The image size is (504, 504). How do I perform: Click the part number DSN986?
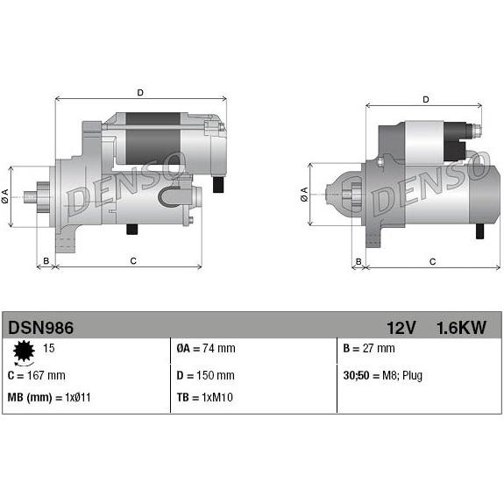click(41, 328)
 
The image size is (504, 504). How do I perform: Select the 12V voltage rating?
click(399, 328)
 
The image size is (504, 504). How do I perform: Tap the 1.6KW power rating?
click(460, 328)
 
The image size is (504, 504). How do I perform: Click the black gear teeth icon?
click(24, 353)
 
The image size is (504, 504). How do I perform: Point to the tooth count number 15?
click(49, 349)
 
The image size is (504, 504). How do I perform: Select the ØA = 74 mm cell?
click(206, 349)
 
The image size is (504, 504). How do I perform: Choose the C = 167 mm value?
click(36, 376)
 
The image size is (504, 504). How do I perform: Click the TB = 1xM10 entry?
click(205, 398)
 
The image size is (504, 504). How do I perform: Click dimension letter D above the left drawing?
click(140, 92)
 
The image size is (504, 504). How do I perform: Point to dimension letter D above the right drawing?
click(425, 99)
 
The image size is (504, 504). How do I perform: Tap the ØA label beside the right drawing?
click(304, 193)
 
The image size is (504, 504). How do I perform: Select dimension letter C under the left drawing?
click(133, 260)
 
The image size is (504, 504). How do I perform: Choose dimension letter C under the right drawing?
click(432, 261)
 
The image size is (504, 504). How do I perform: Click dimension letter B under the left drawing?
click(46, 260)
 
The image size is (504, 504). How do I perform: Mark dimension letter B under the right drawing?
click(357, 261)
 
